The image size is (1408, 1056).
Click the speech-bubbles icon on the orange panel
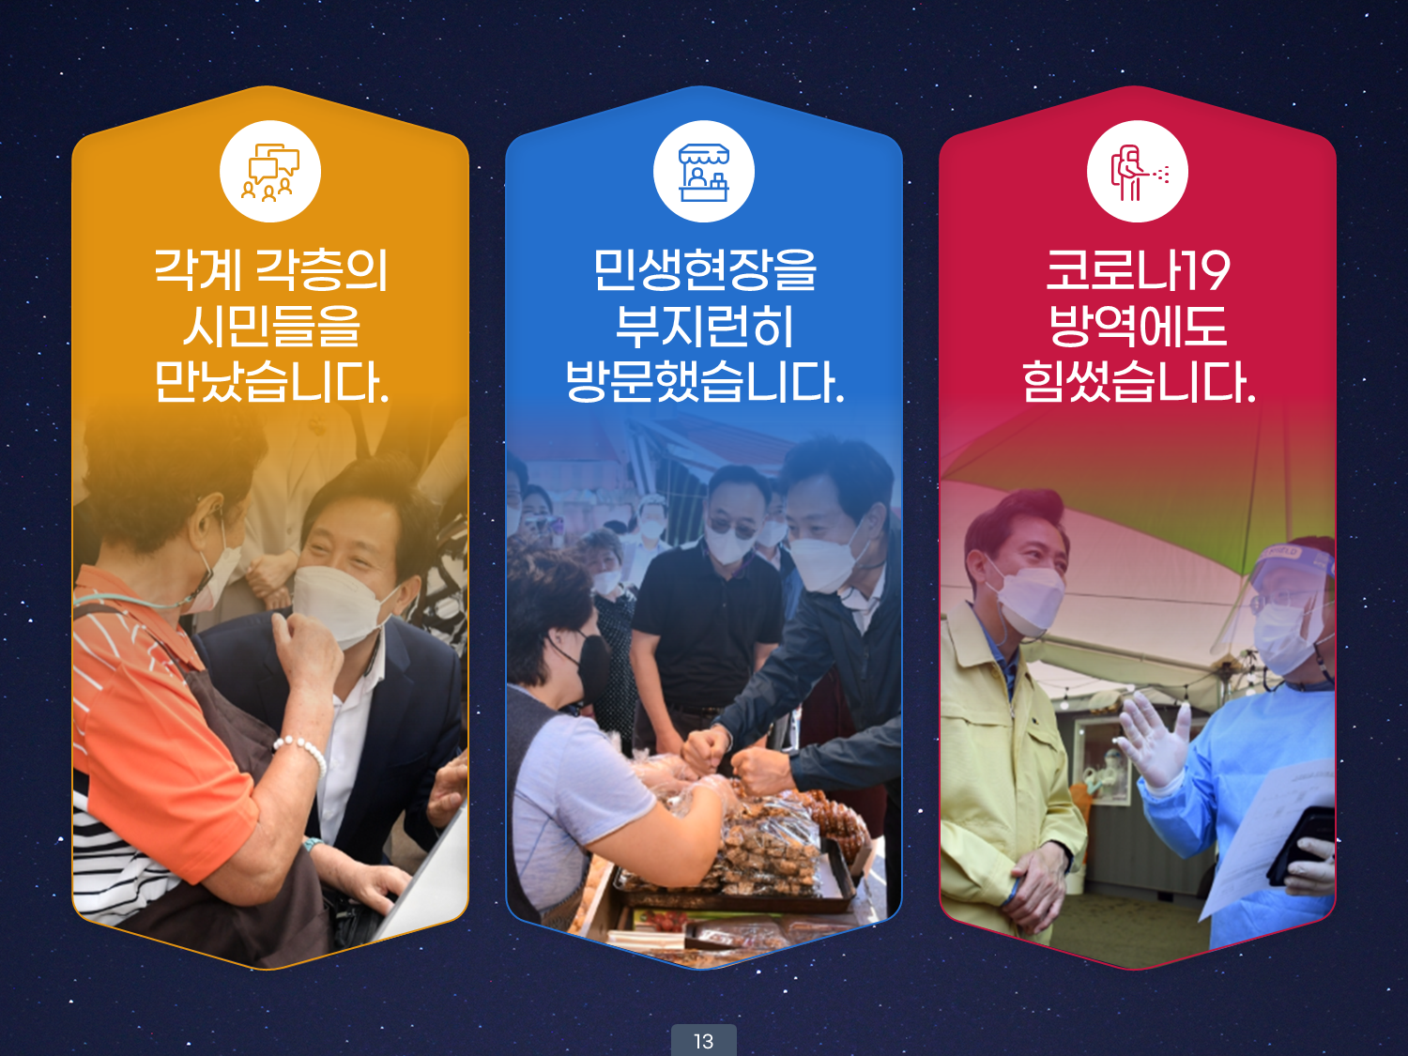point(270,172)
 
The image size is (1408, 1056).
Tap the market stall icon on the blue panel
point(704,172)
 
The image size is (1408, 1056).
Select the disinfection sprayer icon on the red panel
point(1138,173)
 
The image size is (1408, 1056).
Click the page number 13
point(704,1041)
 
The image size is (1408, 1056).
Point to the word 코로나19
point(1138,270)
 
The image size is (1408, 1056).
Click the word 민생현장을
point(704,270)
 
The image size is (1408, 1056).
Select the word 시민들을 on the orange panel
point(271,327)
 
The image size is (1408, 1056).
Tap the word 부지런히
point(704,327)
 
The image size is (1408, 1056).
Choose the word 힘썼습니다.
point(1139,382)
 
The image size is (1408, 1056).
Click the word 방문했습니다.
point(704,382)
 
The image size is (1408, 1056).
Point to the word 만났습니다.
point(271,382)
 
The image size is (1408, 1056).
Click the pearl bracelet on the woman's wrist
point(301,754)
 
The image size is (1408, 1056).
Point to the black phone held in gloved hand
point(1302,847)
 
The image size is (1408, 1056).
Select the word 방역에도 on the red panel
point(1138,327)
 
